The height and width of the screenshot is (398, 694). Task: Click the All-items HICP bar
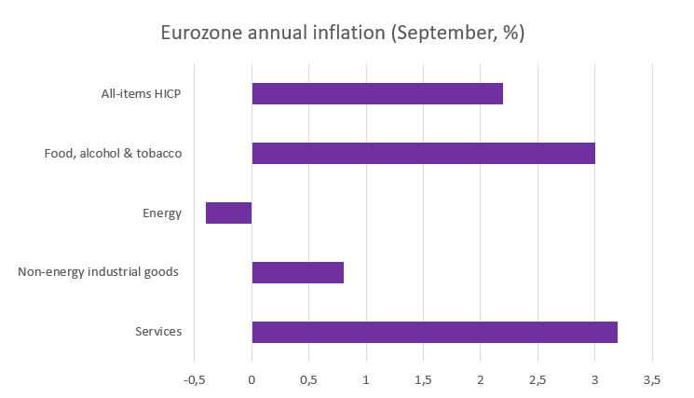tap(377, 93)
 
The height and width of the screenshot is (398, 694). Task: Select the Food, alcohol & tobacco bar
tap(423, 153)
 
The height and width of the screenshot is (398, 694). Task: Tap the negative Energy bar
tap(228, 213)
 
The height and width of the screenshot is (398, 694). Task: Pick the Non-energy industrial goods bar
tap(297, 272)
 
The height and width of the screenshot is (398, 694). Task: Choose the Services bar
tap(434, 332)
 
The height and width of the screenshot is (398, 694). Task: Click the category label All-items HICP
tap(142, 93)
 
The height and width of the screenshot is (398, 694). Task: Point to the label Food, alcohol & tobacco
tap(113, 153)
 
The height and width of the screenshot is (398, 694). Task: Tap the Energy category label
tap(162, 213)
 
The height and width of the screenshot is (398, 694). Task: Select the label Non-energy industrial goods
tap(99, 272)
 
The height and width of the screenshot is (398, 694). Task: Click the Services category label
tap(158, 332)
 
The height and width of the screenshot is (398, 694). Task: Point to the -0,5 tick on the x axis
tap(194, 379)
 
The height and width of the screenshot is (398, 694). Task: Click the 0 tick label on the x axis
tap(252, 379)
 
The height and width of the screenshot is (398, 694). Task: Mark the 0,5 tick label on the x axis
tap(308, 379)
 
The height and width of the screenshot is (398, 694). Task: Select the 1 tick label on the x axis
tap(366, 379)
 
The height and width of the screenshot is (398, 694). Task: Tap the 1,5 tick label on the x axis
tap(423, 379)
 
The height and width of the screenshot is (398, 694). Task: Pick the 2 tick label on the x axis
tap(481, 379)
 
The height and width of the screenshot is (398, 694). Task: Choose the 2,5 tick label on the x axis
tap(538, 379)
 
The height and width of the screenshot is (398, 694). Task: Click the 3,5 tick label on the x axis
tap(652, 379)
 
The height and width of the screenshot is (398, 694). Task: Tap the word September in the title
tap(437, 34)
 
